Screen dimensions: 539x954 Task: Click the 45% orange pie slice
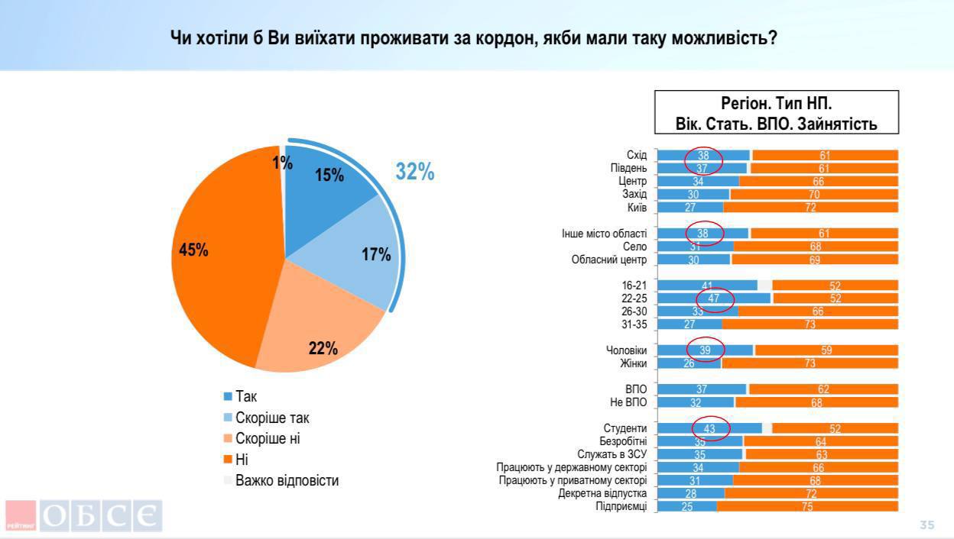click(x=214, y=252)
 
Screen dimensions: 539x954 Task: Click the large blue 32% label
click(x=414, y=173)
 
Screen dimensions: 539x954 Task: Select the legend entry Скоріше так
click(x=272, y=418)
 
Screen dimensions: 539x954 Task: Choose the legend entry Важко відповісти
click(x=287, y=480)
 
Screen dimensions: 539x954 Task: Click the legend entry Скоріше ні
click(x=268, y=439)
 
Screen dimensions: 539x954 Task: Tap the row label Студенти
click(x=625, y=429)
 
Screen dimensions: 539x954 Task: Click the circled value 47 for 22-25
click(x=714, y=299)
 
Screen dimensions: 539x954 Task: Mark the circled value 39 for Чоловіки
click(x=706, y=350)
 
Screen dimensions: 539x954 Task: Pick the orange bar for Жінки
click(x=810, y=363)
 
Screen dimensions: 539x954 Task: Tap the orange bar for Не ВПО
click(x=816, y=402)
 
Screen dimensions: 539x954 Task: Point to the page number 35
click(x=926, y=525)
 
